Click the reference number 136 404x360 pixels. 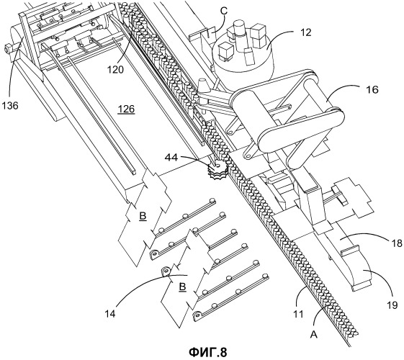10,105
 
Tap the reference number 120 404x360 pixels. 115,69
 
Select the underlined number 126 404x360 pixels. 126,109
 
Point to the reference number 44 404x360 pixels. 171,158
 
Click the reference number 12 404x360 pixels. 305,32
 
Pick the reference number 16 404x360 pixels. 372,89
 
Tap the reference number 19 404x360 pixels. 392,305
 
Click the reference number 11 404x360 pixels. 298,314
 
